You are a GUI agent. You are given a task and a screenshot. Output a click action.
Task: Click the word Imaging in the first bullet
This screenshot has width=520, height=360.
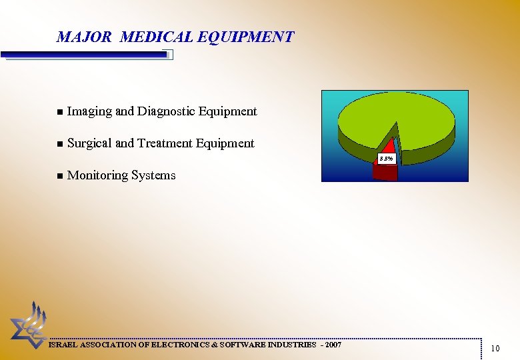click(x=89, y=111)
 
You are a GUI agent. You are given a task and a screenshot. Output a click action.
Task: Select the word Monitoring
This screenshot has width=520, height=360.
click(x=97, y=175)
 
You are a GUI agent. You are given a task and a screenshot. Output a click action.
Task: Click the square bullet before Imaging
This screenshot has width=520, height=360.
click(x=59, y=112)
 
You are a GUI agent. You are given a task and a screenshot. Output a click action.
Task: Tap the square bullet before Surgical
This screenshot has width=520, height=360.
click(x=59, y=144)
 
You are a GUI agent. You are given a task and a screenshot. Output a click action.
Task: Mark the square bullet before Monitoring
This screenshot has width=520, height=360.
click(x=59, y=176)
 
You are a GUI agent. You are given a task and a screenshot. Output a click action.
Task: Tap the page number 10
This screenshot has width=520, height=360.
click(x=495, y=348)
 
